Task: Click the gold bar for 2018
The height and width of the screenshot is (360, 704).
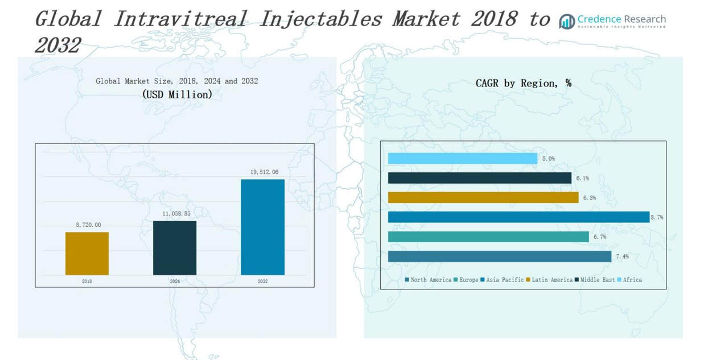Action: point(87,254)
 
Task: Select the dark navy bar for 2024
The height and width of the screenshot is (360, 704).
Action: point(175,248)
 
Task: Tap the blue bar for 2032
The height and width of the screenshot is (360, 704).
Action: point(262,227)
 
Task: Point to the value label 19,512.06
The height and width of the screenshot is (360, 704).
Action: point(264,172)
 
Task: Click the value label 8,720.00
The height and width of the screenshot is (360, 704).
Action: point(88,225)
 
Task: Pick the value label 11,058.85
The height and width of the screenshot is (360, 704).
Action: point(176,213)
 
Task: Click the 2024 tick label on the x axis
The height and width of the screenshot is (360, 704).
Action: point(175,281)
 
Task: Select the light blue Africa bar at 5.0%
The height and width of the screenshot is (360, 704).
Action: point(462,159)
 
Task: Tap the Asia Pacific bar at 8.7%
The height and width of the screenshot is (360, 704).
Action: point(518,217)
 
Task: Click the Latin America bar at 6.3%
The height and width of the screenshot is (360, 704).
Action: point(483,197)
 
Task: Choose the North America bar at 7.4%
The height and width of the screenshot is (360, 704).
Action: point(500,256)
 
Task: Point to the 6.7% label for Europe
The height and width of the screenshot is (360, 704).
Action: point(599,237)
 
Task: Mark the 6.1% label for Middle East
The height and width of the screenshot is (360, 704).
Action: point(582,178)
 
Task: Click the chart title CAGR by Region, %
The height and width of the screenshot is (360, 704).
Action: point(523,83)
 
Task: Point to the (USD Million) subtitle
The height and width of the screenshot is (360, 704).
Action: point(177,94)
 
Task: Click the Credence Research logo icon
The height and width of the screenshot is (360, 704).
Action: point(566,22)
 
